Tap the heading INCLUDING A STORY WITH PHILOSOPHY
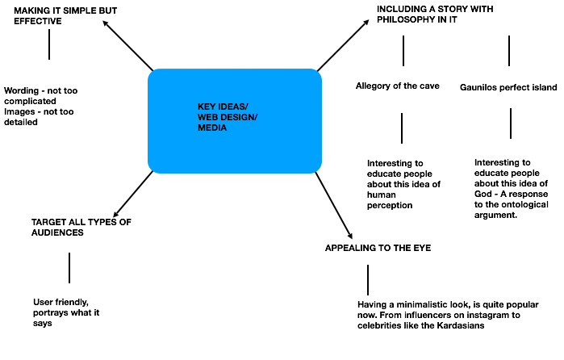(x=433, y=14)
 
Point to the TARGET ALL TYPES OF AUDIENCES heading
(x=81, y=227)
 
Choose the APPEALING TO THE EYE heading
(x=378, y=248)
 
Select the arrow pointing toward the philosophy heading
(x=343, y=46)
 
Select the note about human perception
(x=403, y=184)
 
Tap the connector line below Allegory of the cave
(x=402, y=128)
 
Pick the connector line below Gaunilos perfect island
(x=510, y=123)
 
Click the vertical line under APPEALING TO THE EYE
(x=368, y=279)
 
